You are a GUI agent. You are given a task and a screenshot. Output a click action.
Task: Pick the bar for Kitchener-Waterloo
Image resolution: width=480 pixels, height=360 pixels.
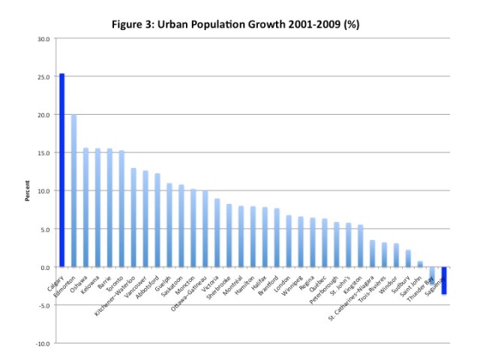(x=133, y=217)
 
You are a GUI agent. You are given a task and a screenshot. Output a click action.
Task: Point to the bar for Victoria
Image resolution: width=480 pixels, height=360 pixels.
(x=217, y=232)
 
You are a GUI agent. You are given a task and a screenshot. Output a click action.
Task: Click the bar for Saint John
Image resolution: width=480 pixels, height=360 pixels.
(x=420, y=264)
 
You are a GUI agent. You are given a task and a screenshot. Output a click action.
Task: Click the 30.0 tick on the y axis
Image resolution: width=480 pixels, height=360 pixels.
(x=44, y=39)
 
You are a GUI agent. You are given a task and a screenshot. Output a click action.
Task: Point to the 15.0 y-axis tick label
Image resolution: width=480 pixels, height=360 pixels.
(x=44, y=153)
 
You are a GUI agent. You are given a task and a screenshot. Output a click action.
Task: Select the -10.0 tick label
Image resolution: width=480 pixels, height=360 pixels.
(x=43, y=343)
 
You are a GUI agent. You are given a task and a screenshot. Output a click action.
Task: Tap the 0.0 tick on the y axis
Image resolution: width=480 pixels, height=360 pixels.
(x=46, y=267)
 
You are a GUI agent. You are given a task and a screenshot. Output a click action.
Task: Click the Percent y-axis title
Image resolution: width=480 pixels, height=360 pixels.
(x=28, y=190)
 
